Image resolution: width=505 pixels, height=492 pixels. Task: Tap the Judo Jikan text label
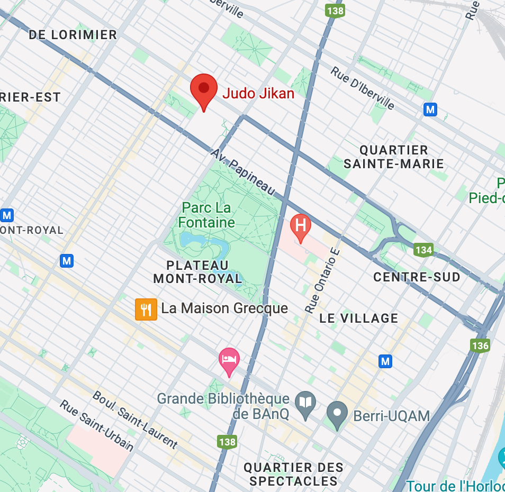pos(258,94)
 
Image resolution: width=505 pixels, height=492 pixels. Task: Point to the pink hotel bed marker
pos(229,360)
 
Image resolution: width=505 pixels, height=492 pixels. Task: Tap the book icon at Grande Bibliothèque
pos(305,403)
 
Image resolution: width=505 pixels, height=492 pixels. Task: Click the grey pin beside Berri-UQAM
pos(337,413)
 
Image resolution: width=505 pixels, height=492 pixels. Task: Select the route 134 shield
pos(423,250)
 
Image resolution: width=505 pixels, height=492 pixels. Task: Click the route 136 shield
pos(480,345)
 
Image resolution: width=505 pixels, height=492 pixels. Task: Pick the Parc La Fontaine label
pos(206,215)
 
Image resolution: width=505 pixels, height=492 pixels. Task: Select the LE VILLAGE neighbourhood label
pos(358,318)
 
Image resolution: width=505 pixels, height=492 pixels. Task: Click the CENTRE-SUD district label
pos(417,277)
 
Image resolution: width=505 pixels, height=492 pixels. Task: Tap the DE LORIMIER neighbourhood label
pos(73,35)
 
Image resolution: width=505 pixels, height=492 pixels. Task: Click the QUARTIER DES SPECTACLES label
pos(293,474)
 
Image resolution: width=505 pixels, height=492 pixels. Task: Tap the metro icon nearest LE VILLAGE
pos(386,361)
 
